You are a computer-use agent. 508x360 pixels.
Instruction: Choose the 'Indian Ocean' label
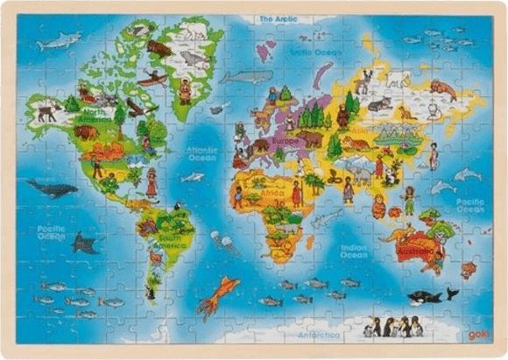[x=353, y=251]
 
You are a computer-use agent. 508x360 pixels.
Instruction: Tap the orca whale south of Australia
[x=427, y=296]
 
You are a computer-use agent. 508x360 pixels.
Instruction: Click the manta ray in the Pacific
[x=85, y=243]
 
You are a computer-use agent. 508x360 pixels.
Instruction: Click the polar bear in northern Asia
[x=399, y=80]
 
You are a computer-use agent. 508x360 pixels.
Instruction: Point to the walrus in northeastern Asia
[x=442, y=87]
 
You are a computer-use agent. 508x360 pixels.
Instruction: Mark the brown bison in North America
[x=86, y=132]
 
